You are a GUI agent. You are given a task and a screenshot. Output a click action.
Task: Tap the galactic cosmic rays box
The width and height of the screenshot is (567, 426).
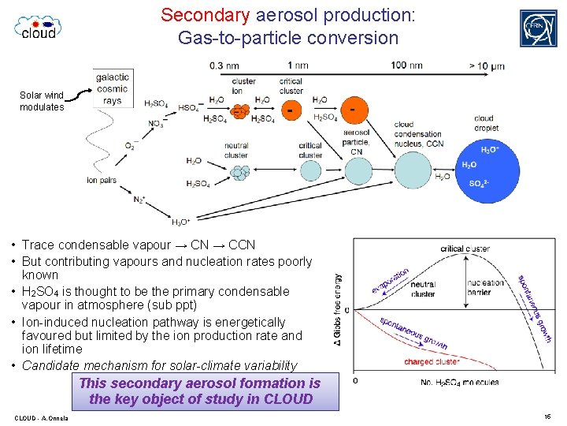click(112, 88)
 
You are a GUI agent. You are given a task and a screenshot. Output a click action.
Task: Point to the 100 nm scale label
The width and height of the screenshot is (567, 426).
click(406, 65)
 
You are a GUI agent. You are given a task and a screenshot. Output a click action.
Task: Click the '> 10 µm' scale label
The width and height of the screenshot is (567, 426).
click(486, 65)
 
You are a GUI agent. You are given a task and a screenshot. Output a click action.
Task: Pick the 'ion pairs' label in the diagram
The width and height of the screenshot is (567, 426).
click(102, 180)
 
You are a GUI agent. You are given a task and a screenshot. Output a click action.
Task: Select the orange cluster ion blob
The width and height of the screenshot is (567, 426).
click(241, 109)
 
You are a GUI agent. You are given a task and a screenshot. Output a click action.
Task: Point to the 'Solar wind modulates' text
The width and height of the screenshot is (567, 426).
click(42, 101)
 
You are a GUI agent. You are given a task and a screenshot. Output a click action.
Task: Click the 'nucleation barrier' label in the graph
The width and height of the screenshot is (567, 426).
click(486, 288)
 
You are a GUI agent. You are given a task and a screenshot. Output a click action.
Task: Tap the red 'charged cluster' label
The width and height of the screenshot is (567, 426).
click(432, 362)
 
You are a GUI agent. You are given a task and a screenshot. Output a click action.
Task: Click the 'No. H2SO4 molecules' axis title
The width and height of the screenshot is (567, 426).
click(461, 383)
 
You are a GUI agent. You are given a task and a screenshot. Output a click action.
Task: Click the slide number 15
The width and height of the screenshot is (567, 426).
click(547, 416)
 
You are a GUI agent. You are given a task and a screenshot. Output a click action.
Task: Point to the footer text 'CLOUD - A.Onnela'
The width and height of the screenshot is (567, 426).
click(41, 417)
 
